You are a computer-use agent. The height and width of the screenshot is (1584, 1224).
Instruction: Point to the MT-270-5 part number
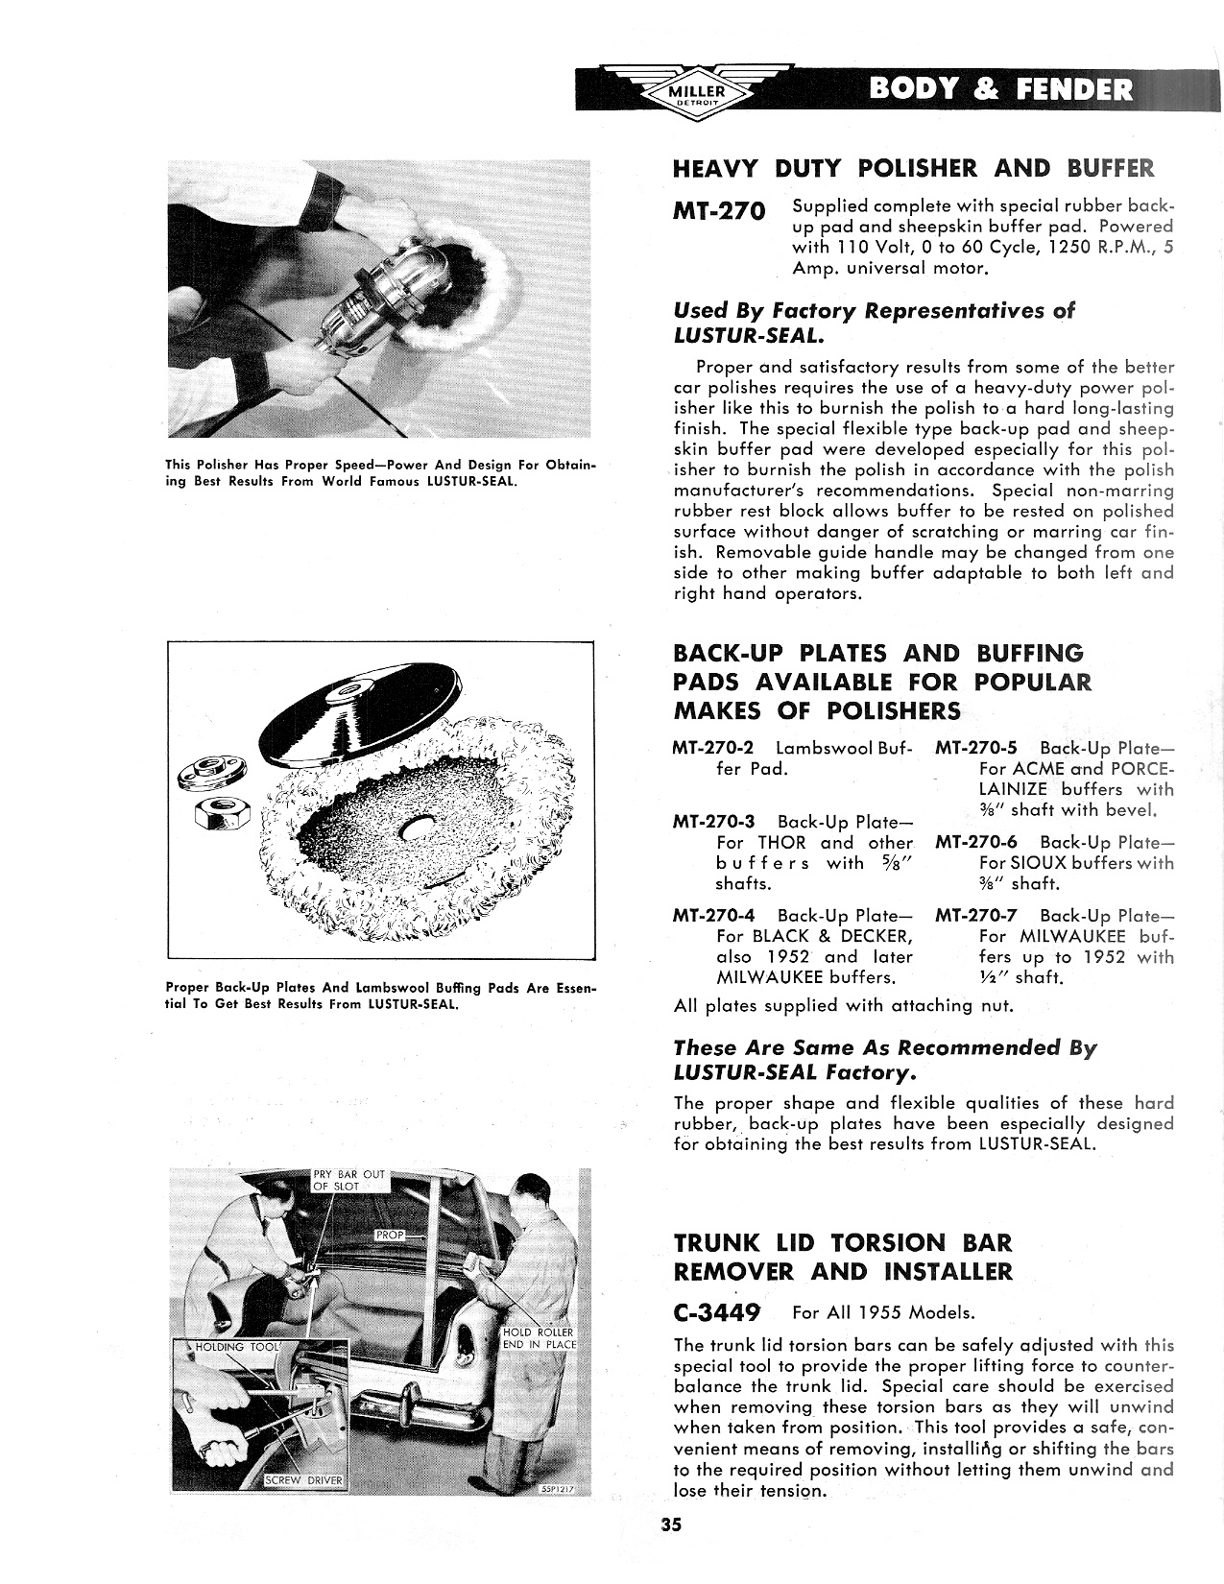click(977, 748)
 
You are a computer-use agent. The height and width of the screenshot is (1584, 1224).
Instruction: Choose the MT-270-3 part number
click(715, 822)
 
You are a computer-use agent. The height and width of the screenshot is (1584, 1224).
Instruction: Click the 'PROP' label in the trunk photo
click(389, 1235)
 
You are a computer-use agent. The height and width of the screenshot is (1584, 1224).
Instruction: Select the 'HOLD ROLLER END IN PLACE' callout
click(540, 1338)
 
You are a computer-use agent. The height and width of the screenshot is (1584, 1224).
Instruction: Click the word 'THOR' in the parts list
click(781, 843)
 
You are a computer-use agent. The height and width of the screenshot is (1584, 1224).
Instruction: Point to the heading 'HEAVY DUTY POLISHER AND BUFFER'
click(912, 169)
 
